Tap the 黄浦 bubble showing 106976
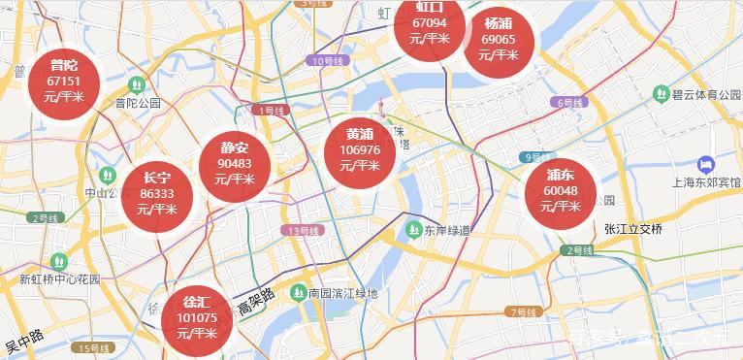click(x=360, y=149)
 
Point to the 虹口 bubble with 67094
click(x=429, y=24)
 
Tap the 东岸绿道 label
click(x=446, y=231)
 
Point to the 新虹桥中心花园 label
click(x=60, y=278)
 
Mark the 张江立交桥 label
click(x=631, y=229)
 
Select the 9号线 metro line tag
click(x=534, y=157)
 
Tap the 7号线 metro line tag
click(x=521, y=312)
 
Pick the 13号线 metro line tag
click(x=303, y=231)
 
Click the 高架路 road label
click(x=257, y=302)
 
